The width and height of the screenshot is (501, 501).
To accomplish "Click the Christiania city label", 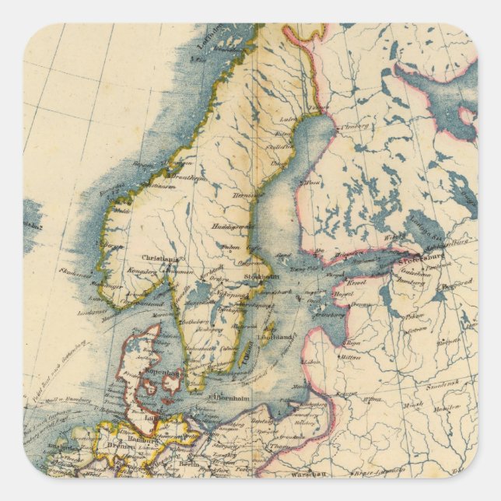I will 159,259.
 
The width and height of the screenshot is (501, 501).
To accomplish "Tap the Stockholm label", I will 262,275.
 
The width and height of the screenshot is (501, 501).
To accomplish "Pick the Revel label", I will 356,282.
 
